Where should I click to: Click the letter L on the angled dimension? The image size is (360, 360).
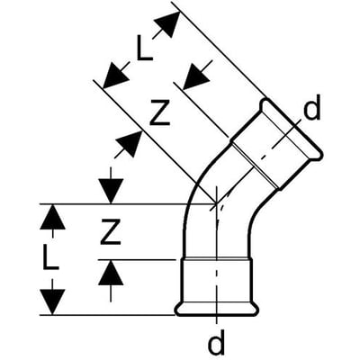tap(145, 48)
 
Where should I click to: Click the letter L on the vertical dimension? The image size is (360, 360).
tap(50, 256)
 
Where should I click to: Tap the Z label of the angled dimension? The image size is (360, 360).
tap(160, 112)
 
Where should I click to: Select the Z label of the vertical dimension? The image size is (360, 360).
tap(111, 231)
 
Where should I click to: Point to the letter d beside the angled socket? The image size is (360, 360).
tap(312, 106)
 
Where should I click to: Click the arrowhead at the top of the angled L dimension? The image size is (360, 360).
tap(169, 24)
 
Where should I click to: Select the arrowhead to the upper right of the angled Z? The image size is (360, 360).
tap(196, 77)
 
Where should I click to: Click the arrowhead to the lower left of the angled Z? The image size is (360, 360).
tap(130, 143)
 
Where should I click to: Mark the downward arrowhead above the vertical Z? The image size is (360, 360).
tap(111, 191)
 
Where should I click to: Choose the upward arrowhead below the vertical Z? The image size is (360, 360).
tap(111, 272)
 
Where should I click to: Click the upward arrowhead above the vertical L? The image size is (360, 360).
tap(52, 217)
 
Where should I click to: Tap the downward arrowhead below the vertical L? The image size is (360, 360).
tap(52, 302)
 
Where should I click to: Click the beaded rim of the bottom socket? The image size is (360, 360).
tap(216, 310)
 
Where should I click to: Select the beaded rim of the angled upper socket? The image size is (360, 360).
tap(291, 129)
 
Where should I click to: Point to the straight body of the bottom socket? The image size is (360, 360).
tap(216, 281)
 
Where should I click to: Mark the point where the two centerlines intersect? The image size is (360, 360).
tap(216, 204)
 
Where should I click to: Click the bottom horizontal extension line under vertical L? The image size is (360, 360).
tap(107, 315)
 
